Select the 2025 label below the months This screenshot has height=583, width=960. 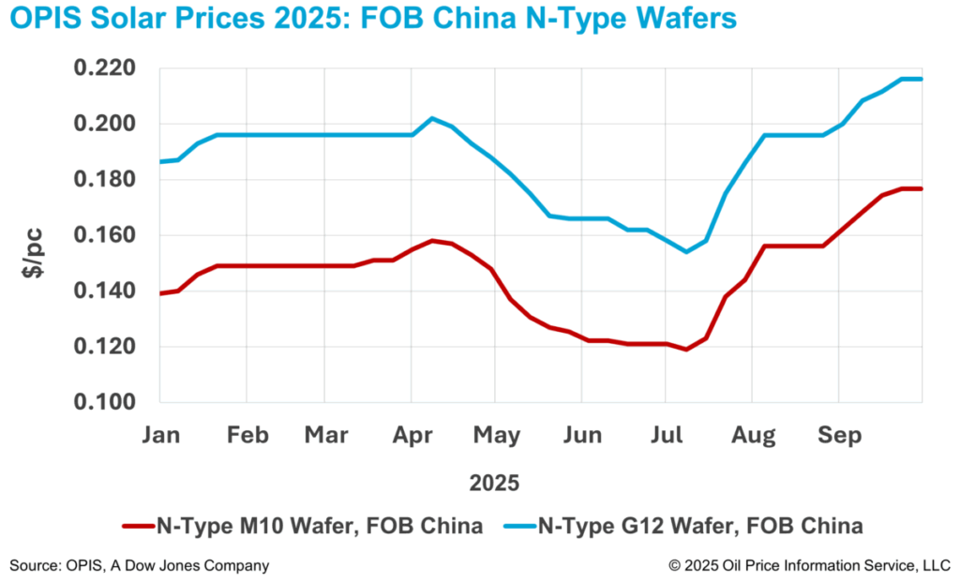(x=494, y=485)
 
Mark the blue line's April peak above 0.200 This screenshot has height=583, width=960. (x=431, y=118)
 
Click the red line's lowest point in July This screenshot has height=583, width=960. (x=687, y=350)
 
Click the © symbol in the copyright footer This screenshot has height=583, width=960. (x=674, y=565)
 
